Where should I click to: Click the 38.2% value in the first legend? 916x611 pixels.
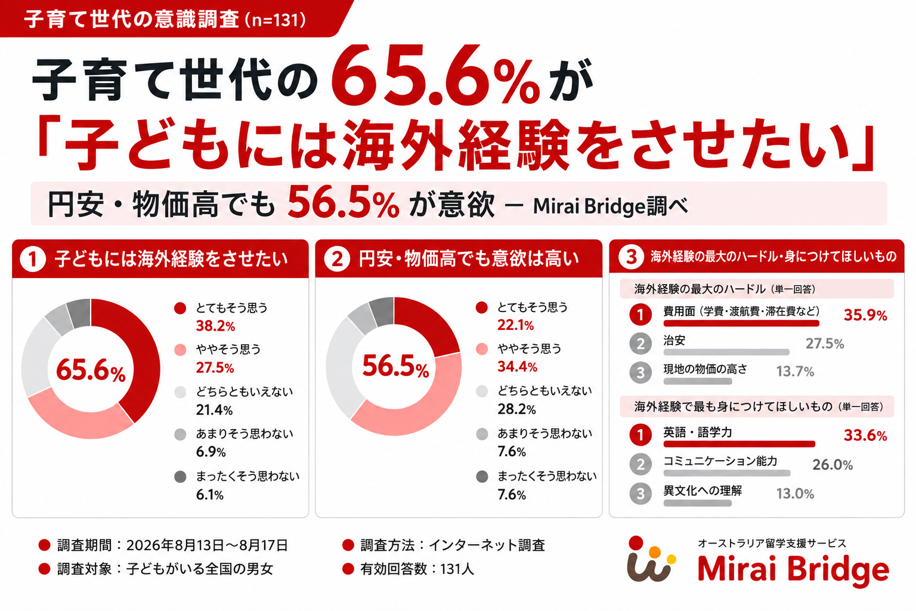pyautogui.click(x=215, y=326)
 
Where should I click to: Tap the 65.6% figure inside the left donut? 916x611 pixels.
pyautogui.click(x=91, y=371)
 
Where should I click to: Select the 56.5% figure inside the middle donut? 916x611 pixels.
pyautogui.click(x=395, y=366)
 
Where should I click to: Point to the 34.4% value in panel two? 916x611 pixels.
pyautogui.click(x=517, y=367)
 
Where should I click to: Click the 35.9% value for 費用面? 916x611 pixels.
pyautogui.click(x=865, y=316)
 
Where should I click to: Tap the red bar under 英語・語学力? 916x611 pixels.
pyautogui.click(x=739, y=444)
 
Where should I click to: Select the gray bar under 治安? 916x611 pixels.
pyautogui.click(x=726, y=352)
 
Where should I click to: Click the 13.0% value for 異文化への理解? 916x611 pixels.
pyautogui.click(x=795, y=494)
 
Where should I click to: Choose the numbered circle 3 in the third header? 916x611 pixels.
pyautogui.click(x=631, y=257)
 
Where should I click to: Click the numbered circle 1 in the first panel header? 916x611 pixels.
pyautogui.click(x=33, y=260)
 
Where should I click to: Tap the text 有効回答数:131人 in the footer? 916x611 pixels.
pyautogui.click(x=417, y=569)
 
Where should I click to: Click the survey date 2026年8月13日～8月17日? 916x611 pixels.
pyautogui.click(x=207, y=545)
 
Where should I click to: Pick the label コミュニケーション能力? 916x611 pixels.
pyautogui.click(x=720, y=461)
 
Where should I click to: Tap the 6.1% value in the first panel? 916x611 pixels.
pyautogui.click(x=210, y=495)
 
